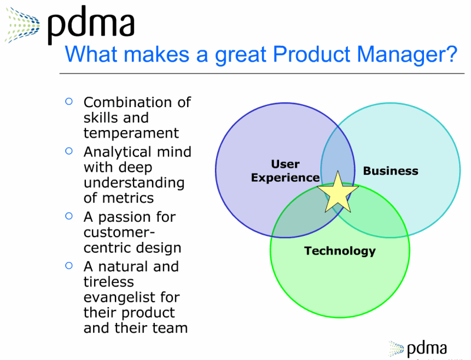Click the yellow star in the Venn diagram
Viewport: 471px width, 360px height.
tap(337, 194)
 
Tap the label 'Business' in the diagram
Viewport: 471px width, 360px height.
tap(390, 171)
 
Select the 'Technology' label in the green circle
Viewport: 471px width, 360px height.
tap(340, 251)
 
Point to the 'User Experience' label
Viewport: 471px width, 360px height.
tap(286, 171)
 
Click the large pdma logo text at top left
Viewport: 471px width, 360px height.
tap(91, 25)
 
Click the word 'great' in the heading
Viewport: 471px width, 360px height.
tap(241, 55)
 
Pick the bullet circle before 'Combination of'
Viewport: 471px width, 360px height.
tap(69, 101)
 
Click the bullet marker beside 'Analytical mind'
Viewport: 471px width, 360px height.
tap(69, 151)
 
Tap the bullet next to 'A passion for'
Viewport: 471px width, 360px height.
tap(69, 216)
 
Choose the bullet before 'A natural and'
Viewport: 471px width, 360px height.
tap(69, 265)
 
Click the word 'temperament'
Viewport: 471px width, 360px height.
tap(131, 133)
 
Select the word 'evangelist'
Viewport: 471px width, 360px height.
tap(119, 298)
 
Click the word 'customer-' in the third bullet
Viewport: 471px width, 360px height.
tap(120, 232)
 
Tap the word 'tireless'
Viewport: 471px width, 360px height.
tap(109, 282)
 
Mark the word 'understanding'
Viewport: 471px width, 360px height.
tap(134, 183)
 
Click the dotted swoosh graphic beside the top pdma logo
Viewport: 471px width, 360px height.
tap(22, 25)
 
